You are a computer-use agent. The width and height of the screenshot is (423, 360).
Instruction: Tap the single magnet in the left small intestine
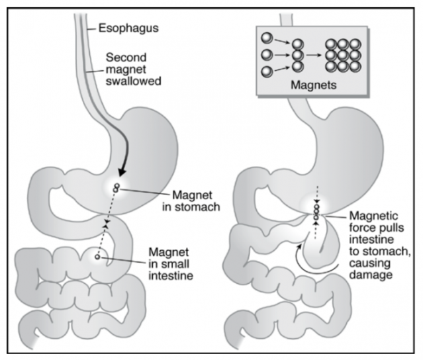pos(97,256)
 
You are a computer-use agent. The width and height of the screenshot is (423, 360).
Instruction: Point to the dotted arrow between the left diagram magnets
pos(106,222)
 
